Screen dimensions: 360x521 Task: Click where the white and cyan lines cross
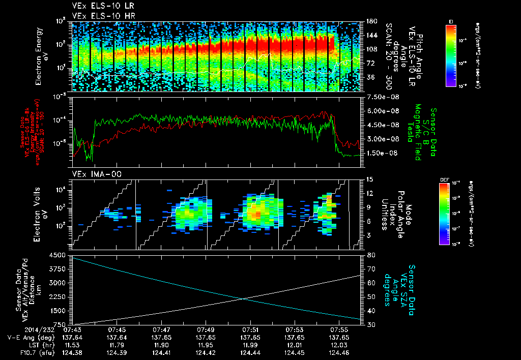pos(244,299)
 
